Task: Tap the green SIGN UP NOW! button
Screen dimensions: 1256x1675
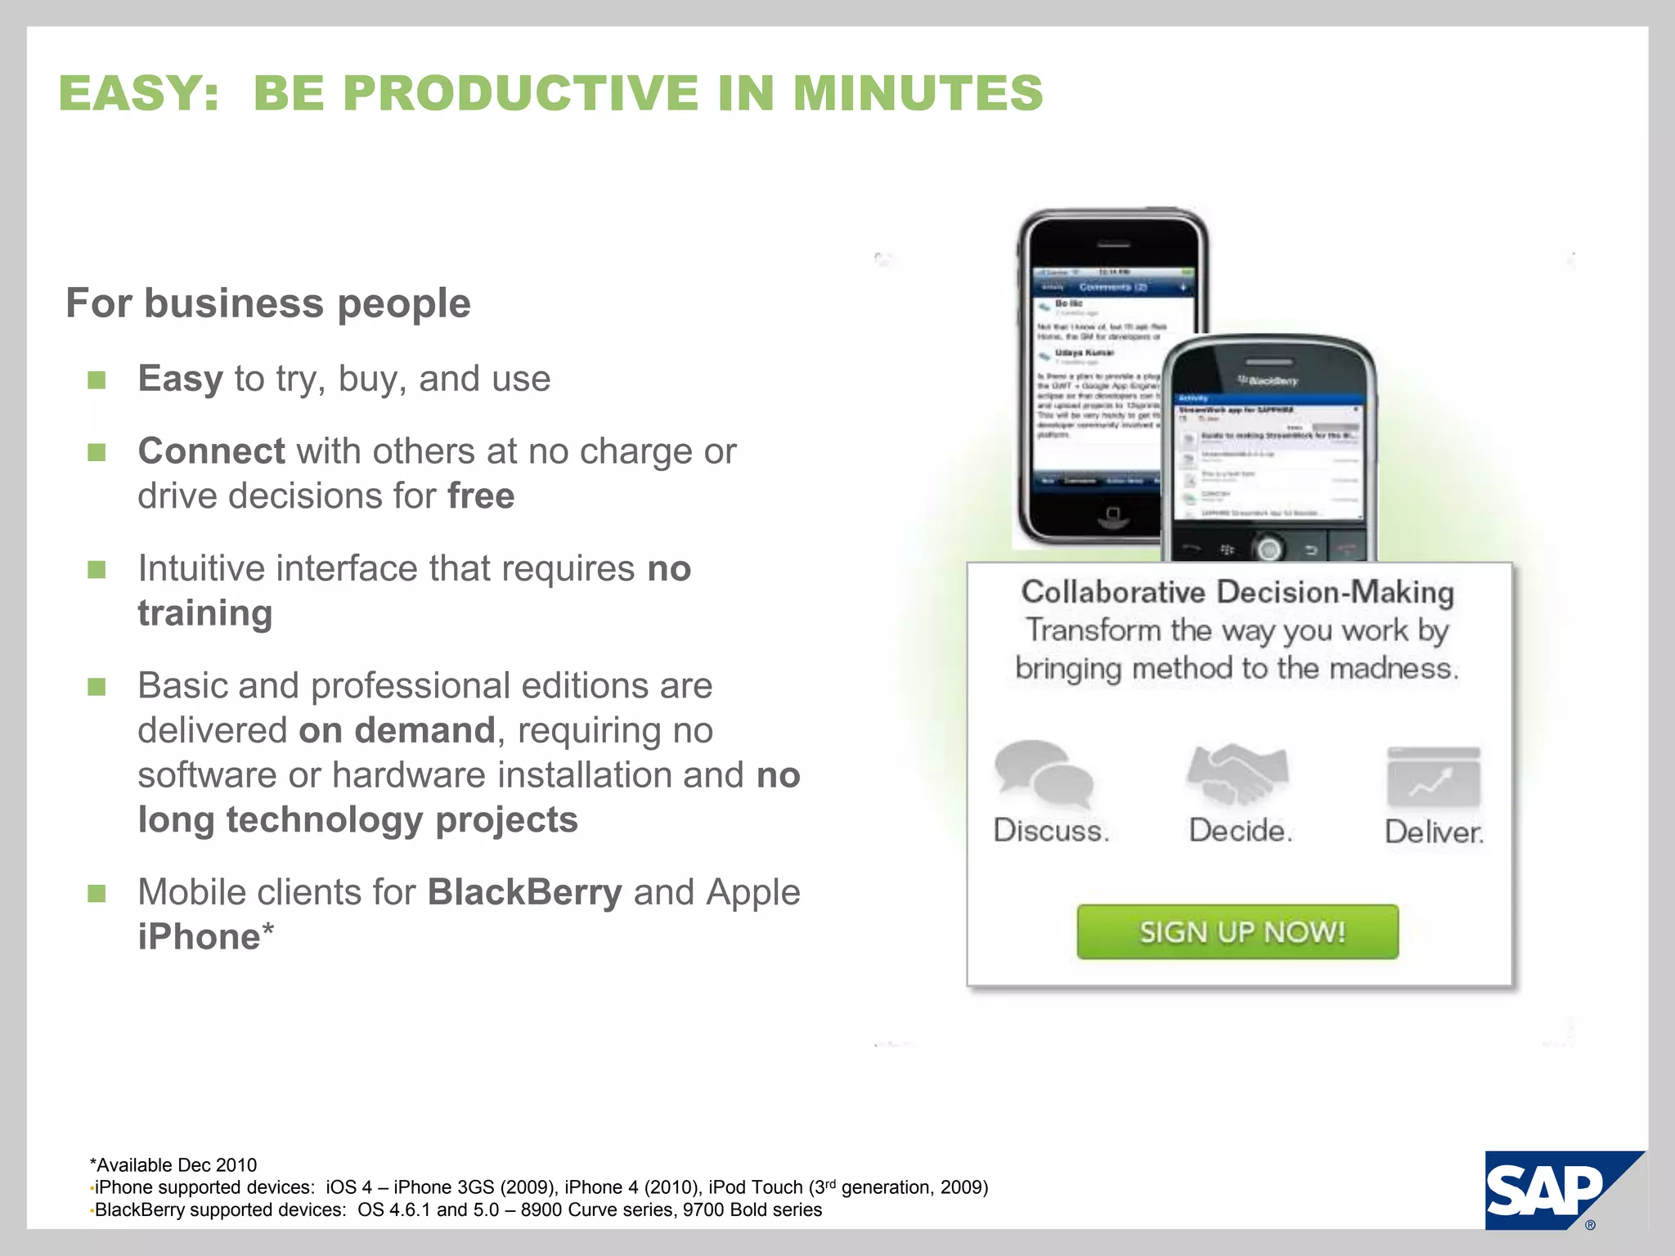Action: coord(1237,932)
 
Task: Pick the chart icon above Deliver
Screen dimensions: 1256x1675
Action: coord(1434,777)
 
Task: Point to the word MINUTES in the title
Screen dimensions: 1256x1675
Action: coord(918,92)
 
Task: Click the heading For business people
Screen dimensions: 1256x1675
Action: coord(268,303)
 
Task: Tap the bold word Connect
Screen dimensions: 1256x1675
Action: coord(211,451)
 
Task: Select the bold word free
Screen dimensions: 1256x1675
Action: coord(481,496)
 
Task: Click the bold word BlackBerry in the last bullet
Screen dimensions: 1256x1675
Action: coord(524,892)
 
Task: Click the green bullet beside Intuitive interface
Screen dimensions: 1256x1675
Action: coord(97,569)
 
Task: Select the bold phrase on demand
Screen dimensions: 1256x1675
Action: coord(397,730)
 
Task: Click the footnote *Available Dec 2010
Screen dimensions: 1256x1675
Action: coord(173,1165)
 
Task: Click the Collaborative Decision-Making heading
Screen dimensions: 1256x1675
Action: coord(1237,592)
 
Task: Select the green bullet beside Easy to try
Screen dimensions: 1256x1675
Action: coord(97,380)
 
